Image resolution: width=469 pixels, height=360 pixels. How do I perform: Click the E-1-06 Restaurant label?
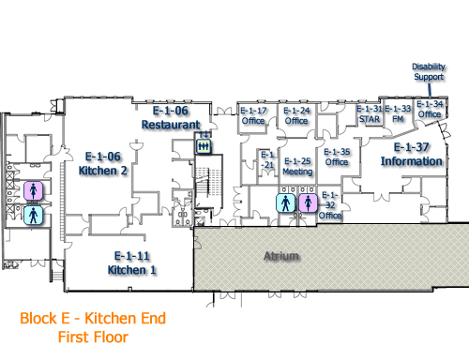click(x=171, y=117)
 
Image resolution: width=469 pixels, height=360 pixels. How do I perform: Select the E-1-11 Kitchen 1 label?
click(x=132, y=262)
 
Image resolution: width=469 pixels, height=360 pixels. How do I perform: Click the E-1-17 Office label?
click(x=254, y=115)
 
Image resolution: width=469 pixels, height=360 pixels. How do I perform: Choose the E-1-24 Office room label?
click(x=297, y=115)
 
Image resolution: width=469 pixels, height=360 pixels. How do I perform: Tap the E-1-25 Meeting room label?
click(x=297, y=166)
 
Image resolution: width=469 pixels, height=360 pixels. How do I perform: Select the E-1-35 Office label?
click(x=337, y=157)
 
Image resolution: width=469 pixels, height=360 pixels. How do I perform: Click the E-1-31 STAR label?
click(x=370, y=113)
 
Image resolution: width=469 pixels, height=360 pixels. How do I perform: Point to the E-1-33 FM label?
click(x=398, y=113)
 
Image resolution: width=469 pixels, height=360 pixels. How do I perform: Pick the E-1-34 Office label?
click(x=430, y=109)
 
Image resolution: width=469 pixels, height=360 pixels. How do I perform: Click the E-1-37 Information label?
click(x=411, y=155)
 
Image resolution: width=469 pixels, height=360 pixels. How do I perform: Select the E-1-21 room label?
click(x=267, y=159)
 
